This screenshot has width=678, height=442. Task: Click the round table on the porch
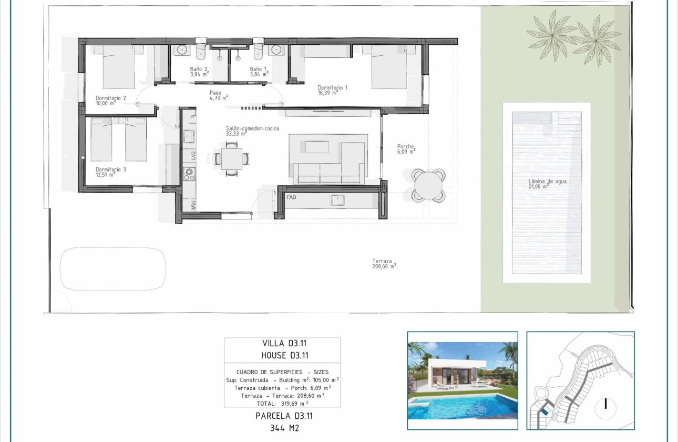tap(428, 185)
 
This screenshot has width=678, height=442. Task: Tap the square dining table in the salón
tap(231, 158)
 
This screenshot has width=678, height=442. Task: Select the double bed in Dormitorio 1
tap(388, 67)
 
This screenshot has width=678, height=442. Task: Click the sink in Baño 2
tap(182, 50)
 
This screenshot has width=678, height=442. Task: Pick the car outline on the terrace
tap(113, 269)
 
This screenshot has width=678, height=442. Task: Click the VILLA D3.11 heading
tap(282, 343)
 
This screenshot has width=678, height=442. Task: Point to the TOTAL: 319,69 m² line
tap(282, 403)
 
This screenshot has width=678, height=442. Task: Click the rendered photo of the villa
tap(463, 380)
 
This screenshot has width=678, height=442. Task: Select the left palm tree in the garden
tap(552, 35)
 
